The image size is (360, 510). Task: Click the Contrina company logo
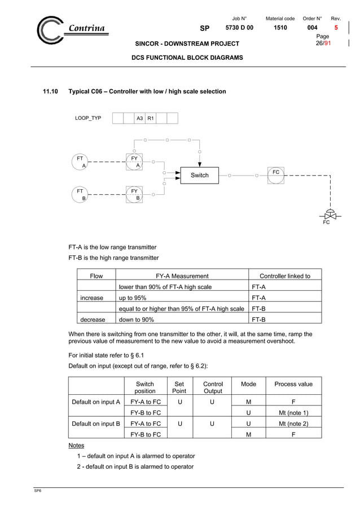(71, 29)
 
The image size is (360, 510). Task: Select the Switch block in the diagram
(199, 175)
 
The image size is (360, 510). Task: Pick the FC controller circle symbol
(276, 175)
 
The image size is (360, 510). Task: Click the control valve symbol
(327, 216)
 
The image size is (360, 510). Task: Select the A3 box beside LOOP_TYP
(139, 118)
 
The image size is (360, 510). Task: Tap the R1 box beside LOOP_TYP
(151, 118)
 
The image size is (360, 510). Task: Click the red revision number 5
(336, 28)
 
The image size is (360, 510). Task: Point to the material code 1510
(280, 28)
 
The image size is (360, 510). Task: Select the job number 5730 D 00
(239, 28)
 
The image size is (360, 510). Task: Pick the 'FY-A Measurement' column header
(182, 276)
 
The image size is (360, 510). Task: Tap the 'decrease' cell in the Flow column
(92, 319)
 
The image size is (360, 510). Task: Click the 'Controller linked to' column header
(284, 276)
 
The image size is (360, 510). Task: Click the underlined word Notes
(76, 446)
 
